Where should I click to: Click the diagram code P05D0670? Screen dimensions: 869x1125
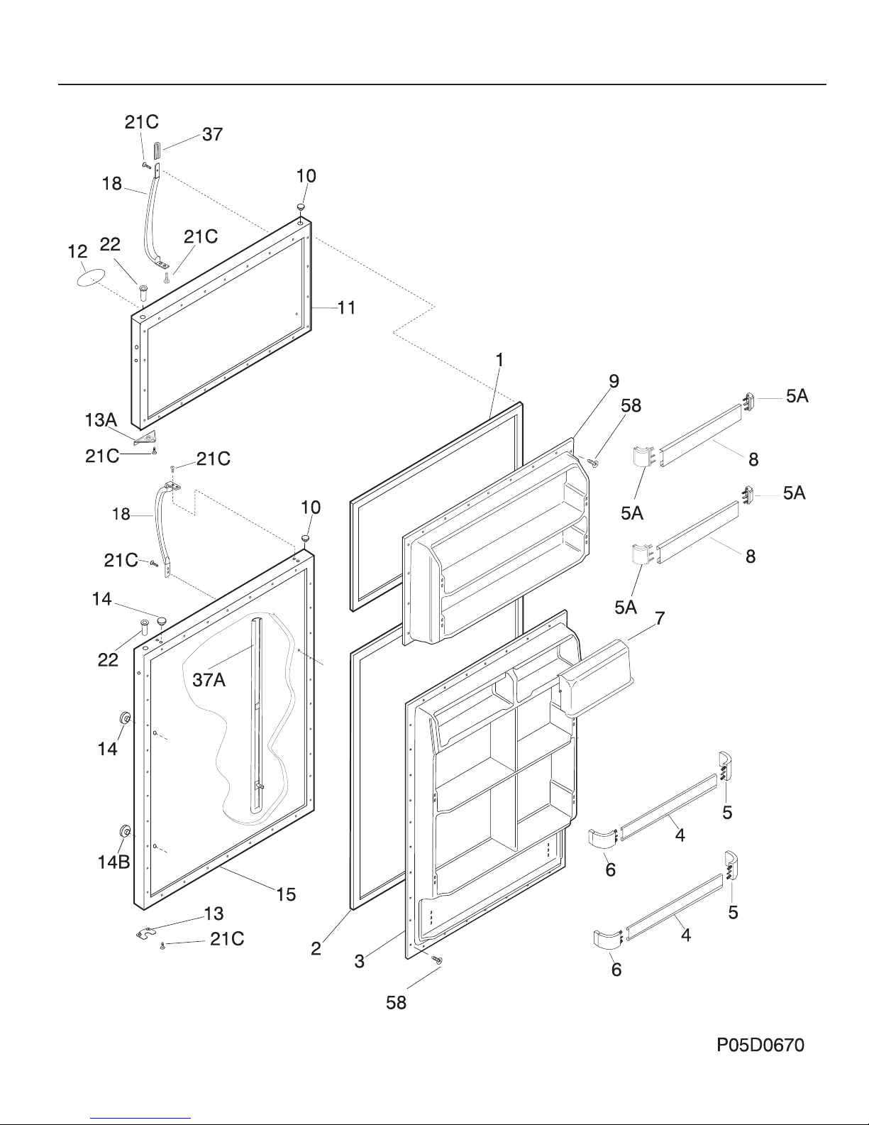click(760, 1045)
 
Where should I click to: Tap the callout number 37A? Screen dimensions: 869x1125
click(209, 679)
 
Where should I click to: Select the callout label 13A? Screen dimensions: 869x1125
click(101, 420)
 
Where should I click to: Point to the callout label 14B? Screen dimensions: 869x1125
click(114, 862)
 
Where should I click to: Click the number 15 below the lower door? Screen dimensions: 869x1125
click(286, 894)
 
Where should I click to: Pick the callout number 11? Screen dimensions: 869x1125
click(347, 307)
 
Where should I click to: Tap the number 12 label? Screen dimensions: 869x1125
click(77, 251)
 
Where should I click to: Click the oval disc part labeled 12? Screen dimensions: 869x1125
click(91, 277)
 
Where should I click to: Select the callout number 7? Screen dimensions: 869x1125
click(660, 618)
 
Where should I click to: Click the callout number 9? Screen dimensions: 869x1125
click(614, 381)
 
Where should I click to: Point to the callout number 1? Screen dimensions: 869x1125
click(499, 360)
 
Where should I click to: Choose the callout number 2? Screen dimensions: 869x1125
click(316, 948)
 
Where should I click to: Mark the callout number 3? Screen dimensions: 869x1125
click(360, 962)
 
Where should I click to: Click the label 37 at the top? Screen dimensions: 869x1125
click(213, 134)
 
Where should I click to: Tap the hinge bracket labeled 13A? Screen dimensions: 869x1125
click(146, 438)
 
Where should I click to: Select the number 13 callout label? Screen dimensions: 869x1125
click(214, 913)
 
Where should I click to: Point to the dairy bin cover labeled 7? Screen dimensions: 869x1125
click(597, 678)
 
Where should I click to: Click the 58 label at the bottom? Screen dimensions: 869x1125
click(397, 1003)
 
